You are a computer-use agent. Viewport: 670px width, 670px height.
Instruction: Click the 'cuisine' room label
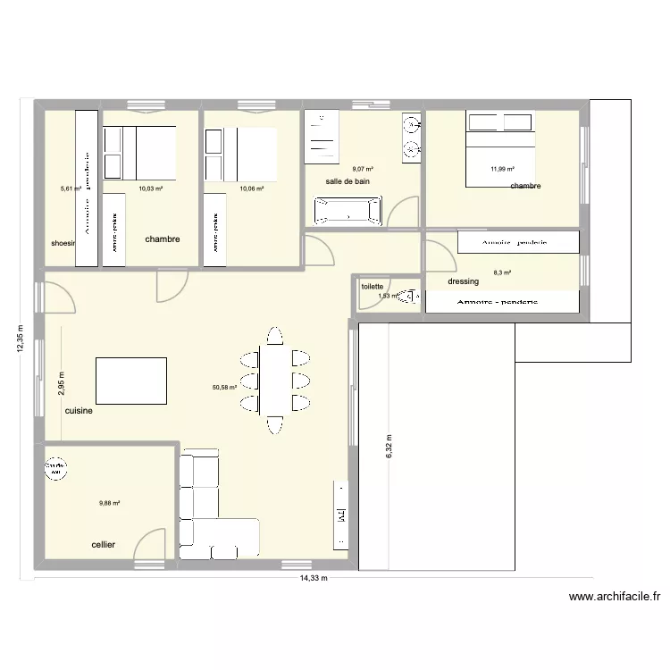(x=79, y=412)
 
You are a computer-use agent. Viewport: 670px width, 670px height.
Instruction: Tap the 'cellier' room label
(x=103, y=544)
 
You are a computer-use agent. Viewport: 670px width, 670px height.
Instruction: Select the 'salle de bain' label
(x=348, y=181)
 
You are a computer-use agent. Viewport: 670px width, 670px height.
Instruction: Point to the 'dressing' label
(x=464, y=281)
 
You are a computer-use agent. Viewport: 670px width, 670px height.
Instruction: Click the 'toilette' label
(x=372, y=287)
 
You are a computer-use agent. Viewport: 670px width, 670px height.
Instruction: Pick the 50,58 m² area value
(x=224, y=388)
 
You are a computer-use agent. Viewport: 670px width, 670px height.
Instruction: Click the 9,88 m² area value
(x=109, y=503)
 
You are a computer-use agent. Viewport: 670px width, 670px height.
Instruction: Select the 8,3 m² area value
(x=502, y=274)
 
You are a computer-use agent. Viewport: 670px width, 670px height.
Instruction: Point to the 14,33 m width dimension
(x=310, y=578)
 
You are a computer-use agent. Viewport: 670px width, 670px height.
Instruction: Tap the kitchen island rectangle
(x=131, y=380)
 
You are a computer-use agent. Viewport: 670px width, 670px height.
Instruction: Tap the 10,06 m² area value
(x=251, y=188)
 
